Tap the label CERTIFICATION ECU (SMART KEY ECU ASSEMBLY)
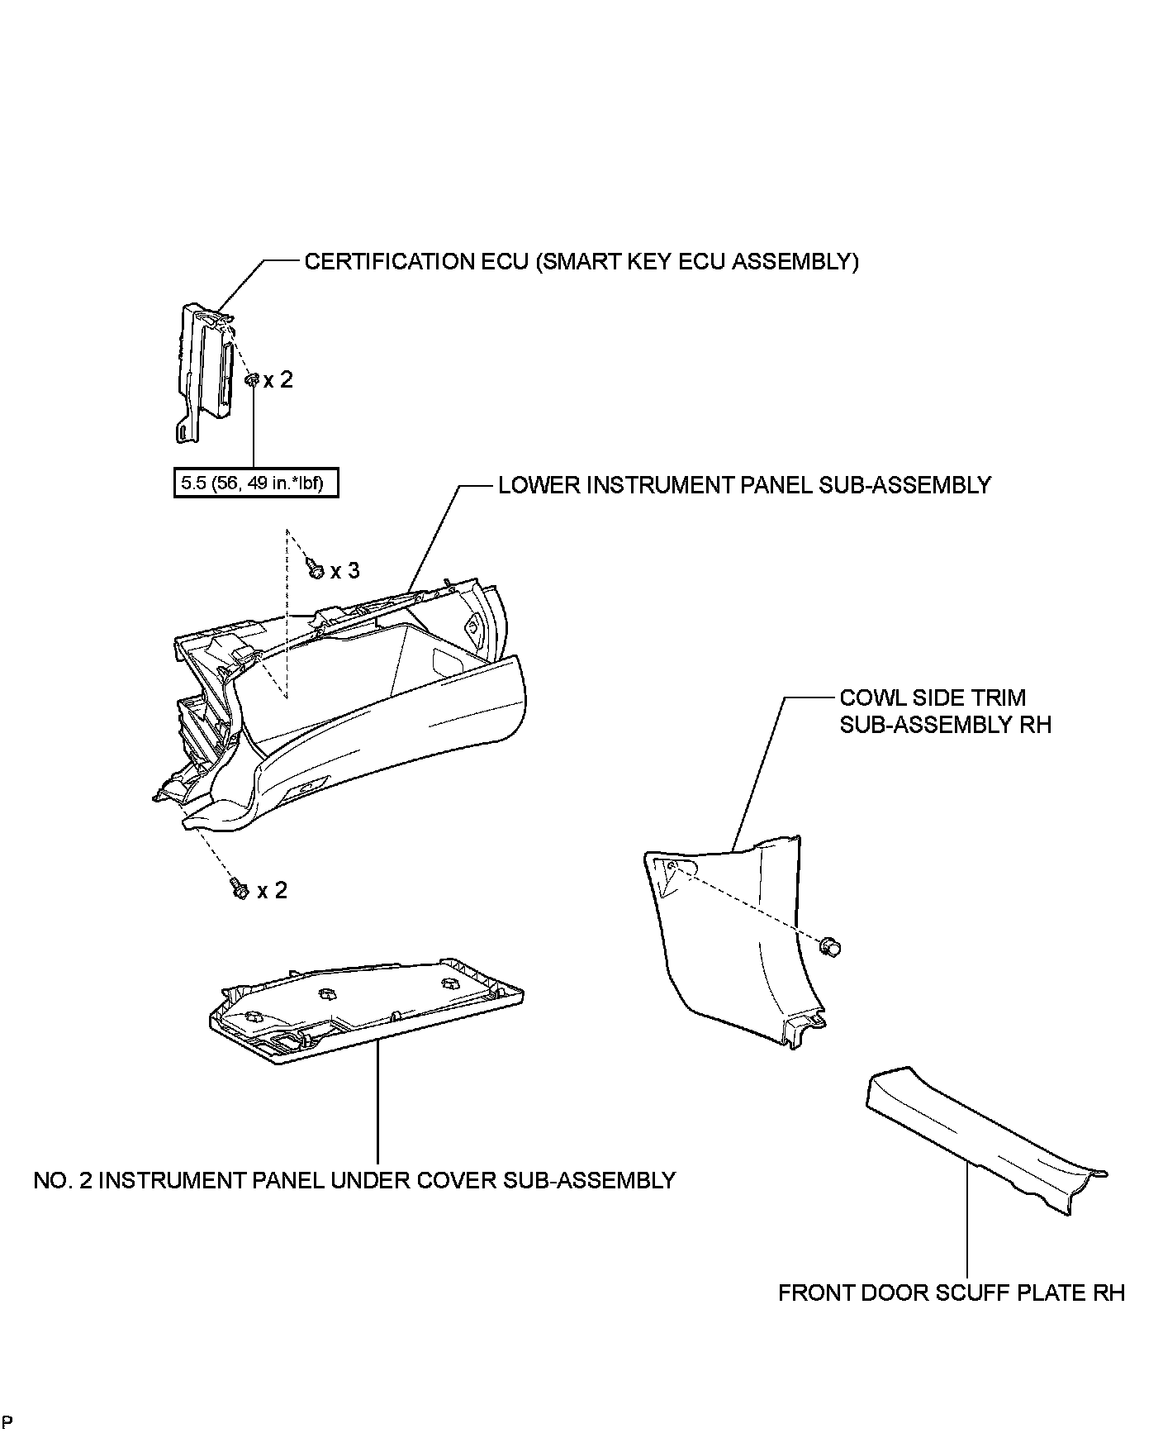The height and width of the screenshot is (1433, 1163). pyautogui.click(x=581, y=262)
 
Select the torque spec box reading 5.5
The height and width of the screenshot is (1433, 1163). pyautogui.click(x=256, y=483)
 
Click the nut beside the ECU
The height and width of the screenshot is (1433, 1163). pyautogui.click(x=252, y=380)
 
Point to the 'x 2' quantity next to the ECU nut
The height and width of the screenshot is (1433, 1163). pyautogui.click(x=278, y=380)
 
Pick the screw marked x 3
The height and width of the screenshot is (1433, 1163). pyautogui.click(x=315, y=569)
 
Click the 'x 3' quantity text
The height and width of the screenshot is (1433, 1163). pyautogui.click(x=345, y=571)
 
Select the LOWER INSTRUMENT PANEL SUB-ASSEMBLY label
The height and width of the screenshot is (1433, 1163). pyautogui.click(x=744, y=485)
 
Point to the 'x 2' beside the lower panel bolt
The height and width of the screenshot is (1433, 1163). pyautogui.click(x=272, y=890)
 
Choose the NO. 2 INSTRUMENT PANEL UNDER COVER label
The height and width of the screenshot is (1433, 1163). pyautogui.click(x=354, y=1180)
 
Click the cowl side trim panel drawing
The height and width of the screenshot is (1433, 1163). pyautogui.click(x=735, y=934)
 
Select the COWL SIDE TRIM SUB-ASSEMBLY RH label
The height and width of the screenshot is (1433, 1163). pyautogui.click(x=945, y=712)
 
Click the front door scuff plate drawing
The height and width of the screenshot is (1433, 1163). pyautogui.click(x=983, y=1140)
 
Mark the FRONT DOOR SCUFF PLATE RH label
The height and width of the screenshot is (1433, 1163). pyautogui.click(x=952, y=1292)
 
